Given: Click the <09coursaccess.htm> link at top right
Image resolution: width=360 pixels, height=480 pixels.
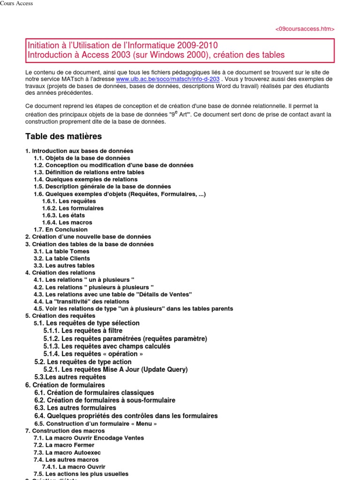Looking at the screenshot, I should point(305,29).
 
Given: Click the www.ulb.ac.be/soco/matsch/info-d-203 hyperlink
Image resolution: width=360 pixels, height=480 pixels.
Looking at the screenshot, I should point(167,79).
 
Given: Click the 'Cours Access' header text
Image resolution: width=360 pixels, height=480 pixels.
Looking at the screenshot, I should point(16,4).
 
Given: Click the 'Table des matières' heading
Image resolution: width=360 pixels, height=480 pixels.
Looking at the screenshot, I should point(63,136).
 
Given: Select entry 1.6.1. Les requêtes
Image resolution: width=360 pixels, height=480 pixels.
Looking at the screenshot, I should point(69,201).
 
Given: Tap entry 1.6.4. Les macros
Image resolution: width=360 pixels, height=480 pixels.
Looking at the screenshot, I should point(67,223).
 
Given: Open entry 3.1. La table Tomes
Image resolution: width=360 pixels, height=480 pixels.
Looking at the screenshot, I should point(61,251).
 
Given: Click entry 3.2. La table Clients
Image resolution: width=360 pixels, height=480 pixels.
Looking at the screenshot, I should point(62,258).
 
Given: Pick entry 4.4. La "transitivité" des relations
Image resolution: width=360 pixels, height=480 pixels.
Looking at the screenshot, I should point(81,301).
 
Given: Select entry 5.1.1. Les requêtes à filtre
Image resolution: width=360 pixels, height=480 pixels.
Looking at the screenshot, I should point(83,331).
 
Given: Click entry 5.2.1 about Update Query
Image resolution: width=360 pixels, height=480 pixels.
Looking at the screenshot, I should point(115,369).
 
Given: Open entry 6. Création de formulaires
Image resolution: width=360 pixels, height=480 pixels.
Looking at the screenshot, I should point(65,385).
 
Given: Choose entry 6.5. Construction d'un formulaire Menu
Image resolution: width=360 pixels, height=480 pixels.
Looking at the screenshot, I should point(95,423).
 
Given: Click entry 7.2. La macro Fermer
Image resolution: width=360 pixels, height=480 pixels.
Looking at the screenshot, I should point(64,445).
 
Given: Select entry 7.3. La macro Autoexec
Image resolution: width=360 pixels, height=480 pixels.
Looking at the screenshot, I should point(67,453).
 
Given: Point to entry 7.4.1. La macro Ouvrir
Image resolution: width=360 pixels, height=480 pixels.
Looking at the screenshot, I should point(74,467).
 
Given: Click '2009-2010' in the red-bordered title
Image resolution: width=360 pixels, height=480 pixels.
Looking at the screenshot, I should point(197,45).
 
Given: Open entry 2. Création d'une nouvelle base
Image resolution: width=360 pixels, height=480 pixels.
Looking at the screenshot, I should point(88,237).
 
